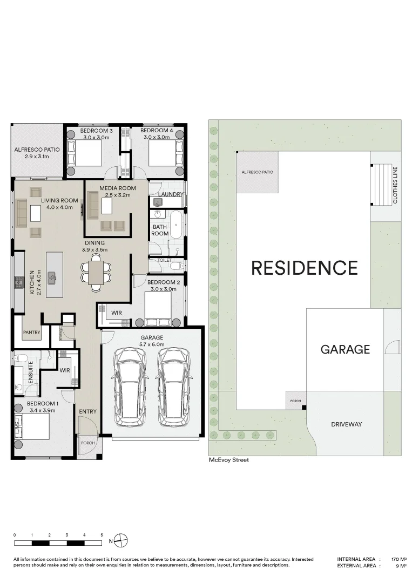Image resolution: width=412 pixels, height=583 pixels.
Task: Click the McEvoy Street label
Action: click(x=229, y=460)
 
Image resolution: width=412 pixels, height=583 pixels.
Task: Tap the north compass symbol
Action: click(x=122, y=540)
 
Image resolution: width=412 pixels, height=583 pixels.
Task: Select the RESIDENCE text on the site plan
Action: click(x=305, y=268)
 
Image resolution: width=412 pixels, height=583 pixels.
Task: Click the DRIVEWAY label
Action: click(x=346, y=424)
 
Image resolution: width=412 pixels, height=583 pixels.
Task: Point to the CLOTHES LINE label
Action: click(x=395, y=185)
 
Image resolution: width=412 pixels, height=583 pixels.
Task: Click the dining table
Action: click(x=96, y=272)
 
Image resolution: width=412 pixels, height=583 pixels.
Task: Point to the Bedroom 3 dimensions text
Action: click(x=96, y=138)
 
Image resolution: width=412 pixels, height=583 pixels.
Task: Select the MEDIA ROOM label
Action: click(x=117, y=188)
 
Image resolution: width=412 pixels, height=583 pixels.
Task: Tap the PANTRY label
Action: click(x=31, y=333)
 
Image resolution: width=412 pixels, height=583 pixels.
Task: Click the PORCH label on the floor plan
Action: click(x=87, y=443)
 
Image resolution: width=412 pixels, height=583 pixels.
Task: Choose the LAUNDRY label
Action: click(x=171, y=194)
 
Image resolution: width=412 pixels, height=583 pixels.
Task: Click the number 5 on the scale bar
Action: click(x=102, y=534)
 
